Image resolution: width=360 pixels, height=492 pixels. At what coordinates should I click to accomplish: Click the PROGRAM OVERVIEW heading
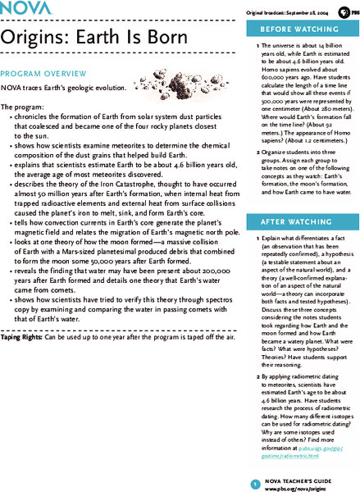(39, 72)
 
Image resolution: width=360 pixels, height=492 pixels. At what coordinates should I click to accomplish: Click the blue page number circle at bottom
(256, 462)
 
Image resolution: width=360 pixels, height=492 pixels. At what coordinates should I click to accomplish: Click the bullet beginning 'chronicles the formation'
(123, 124)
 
